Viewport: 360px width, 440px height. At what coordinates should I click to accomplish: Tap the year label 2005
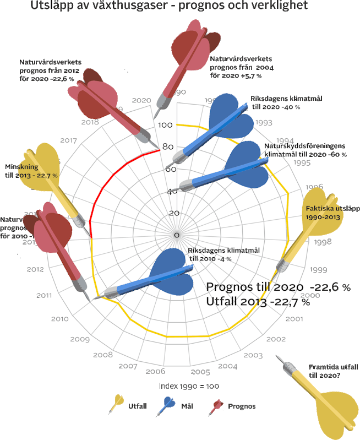click(x=200, y=372)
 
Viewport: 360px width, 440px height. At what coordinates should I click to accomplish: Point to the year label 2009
click(x=80, y=339)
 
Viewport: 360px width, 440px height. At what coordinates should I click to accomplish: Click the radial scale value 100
click(x=165, y=125)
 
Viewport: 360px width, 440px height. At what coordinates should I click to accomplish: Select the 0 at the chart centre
click(x=176, y=235)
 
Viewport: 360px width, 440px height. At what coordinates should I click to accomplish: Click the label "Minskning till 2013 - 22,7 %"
click(x=31, y=171)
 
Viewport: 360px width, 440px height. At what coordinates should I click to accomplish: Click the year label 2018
click(x=90, y=122)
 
